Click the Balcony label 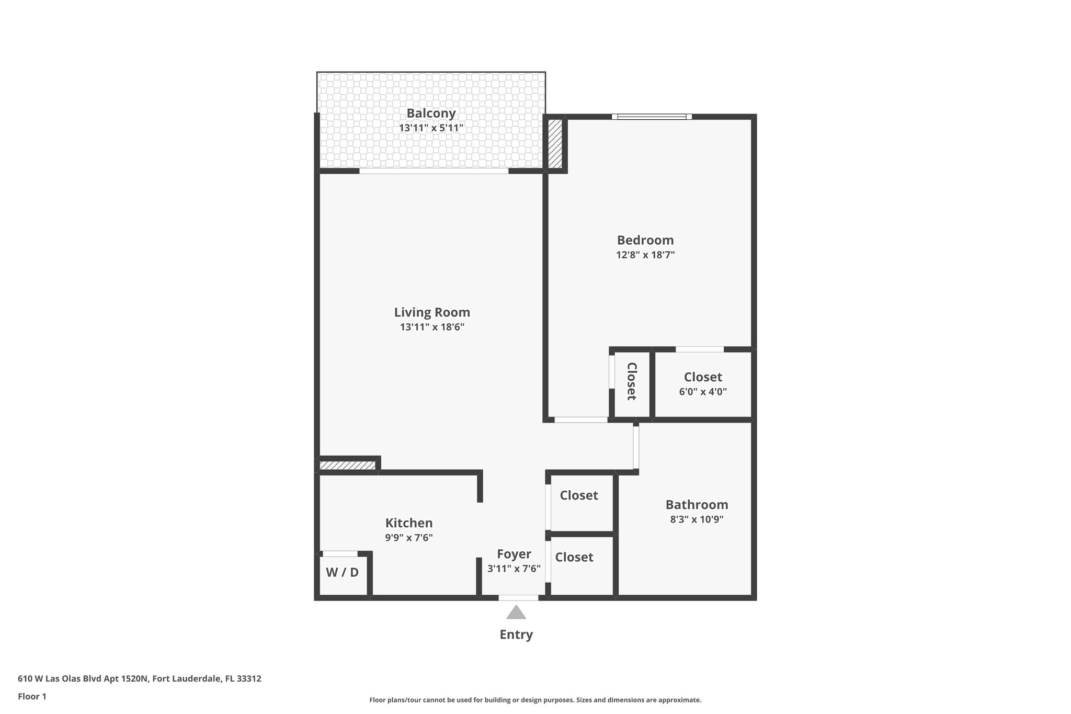click(x=431, y=113)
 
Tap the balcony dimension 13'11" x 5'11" click(x=431, y=128)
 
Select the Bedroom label click(x=645, y=240)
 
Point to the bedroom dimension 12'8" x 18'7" click(x=645, y=255)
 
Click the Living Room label click(x=432, y=312)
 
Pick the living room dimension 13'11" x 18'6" click(x=432, y=327)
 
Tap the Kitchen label click(x=408, y=523)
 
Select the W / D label click(x=342, y=572)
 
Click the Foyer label click(x=514, y=554)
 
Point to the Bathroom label click(x=696, y=505)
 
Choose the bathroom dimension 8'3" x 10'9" click(x=696, y=519)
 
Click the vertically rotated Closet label click(x=631, y=381)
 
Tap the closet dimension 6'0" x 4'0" click(x=702, y=392)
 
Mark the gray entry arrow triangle click(x=516, y=613)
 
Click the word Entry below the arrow click(x=516, y=634)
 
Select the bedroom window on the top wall click(x=651, y=117)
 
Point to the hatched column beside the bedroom click(x=554, y=144)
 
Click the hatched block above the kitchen click(x=347, y=465)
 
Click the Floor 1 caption click(x=32, y=696)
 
